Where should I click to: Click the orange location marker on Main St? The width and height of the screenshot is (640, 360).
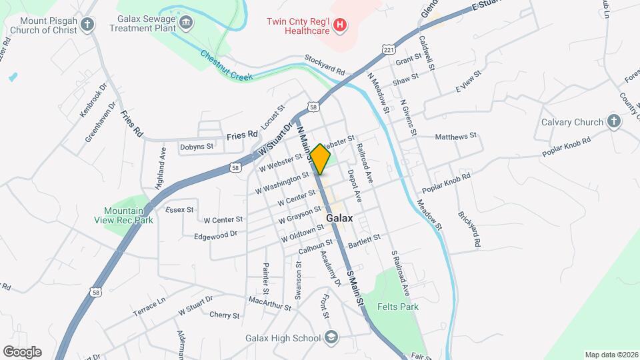[320, 159]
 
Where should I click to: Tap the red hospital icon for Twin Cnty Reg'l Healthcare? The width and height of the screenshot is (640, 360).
[340, 25]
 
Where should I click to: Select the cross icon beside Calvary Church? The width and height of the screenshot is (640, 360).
[614, 122]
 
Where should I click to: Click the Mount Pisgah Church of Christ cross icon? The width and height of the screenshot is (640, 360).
[87, 26]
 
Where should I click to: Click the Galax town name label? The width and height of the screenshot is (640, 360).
[339, 218]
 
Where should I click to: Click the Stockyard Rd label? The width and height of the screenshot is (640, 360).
[325, 65]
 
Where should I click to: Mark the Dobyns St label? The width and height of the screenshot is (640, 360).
[197, 147]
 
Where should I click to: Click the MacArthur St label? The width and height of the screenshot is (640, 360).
[269, 305]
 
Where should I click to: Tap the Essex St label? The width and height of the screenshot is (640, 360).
[179, 209]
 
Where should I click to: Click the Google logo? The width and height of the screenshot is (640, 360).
[22, 352]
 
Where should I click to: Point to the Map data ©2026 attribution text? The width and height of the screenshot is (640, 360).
[611, 355]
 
